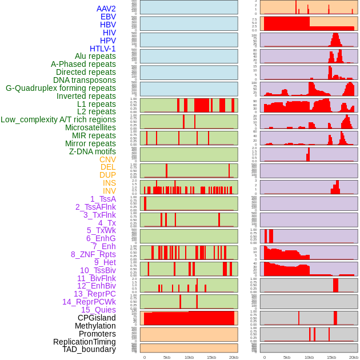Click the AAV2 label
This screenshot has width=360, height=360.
[x=106, y=9]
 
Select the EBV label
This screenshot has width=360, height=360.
[x=108, y=17]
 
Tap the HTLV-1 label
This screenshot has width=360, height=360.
[x=103, y=49]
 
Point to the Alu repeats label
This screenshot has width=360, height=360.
[x=95, y=57]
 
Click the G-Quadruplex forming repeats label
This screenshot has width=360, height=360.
[x=61, y=88]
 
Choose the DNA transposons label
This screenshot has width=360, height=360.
[x=85, y=80]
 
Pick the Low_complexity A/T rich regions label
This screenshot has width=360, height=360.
[x=58, y=119]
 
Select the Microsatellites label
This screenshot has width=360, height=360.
[x=90, y=127]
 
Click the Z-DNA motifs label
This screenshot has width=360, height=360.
[x=93, y=151]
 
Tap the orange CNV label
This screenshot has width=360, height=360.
[x=107, y=159]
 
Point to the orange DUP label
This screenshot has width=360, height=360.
[x=107, y=175]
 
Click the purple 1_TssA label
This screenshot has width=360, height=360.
[x=103, y=199]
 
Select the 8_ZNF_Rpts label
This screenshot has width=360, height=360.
[x=93, y=254]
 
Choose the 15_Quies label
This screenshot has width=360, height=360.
[x=98, y=310]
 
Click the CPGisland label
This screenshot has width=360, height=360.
[x=97, y=318]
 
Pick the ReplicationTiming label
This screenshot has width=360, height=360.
[x=85, y=342]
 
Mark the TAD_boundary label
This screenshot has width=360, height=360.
[x=89, y=349]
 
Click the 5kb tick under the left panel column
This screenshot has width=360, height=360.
[x=167, y=357]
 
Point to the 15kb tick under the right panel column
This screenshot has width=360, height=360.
[x=331, y=357]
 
